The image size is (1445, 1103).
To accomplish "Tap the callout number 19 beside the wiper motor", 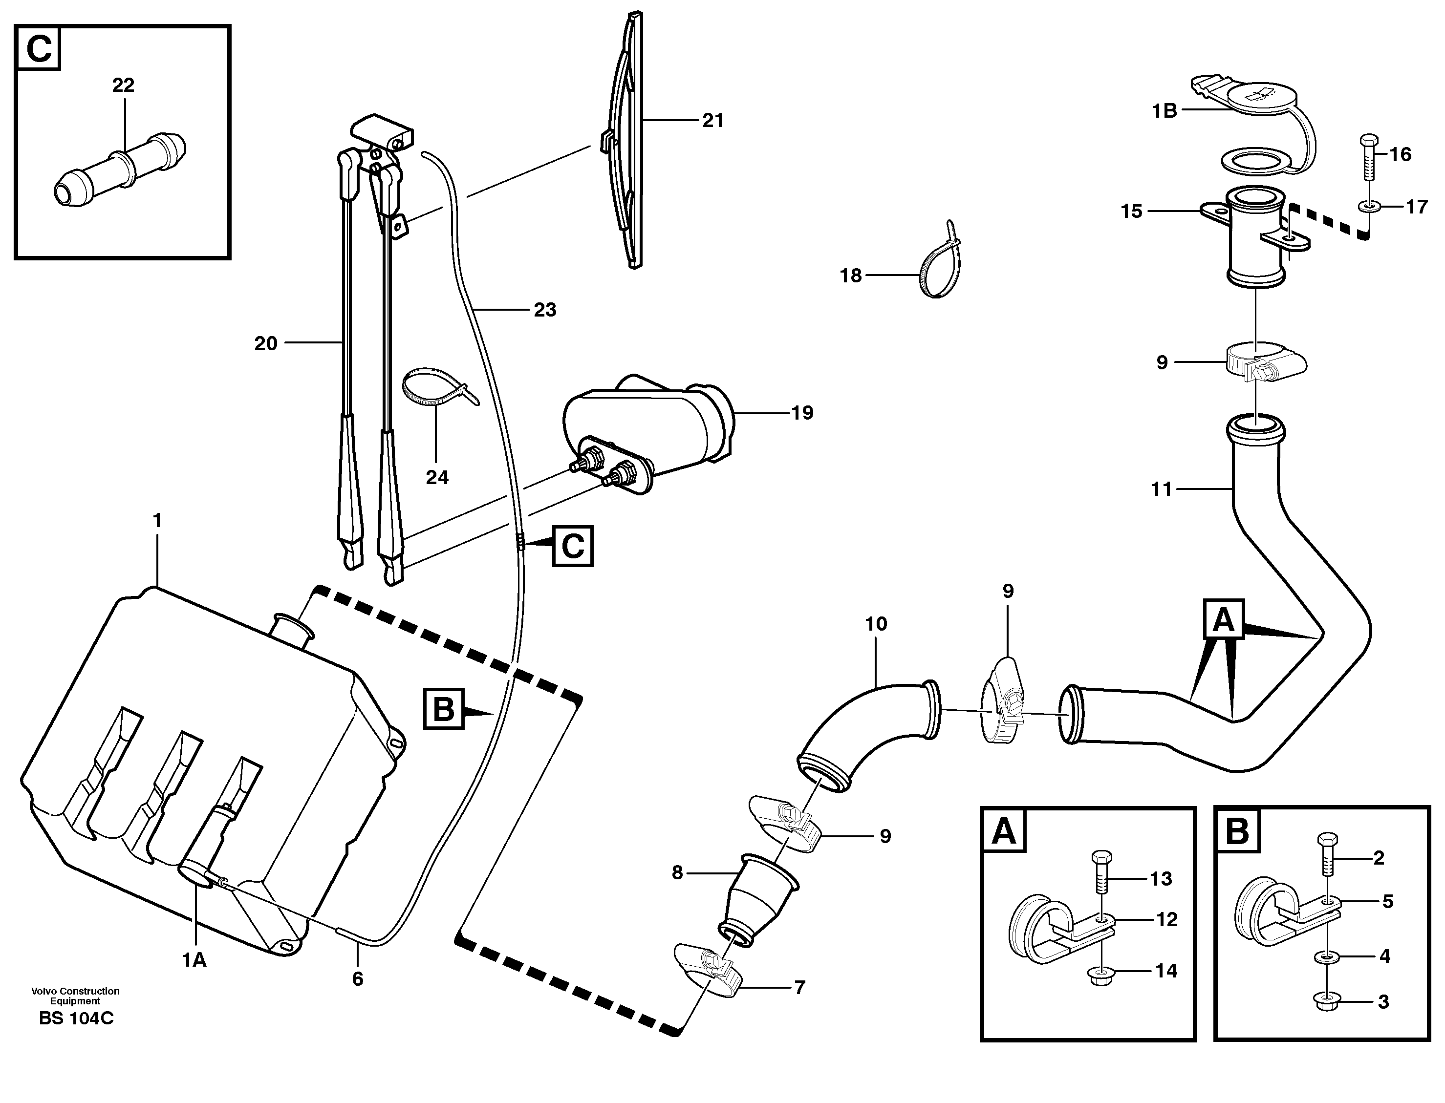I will (x=802, y=413).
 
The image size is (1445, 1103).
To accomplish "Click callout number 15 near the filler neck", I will (x=1131, y=212).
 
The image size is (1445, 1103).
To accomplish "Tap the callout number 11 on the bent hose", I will (x=1161, y=489).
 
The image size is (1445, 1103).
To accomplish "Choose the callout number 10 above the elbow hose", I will (x=876, y=624).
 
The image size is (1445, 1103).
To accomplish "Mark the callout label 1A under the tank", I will (x=194, y=960).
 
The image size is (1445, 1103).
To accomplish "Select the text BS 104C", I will (x=76, y=1018).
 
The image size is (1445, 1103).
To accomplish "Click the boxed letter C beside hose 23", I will (x=573, y=546).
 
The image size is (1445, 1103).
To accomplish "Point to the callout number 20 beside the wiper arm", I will (x=266, y=343).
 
